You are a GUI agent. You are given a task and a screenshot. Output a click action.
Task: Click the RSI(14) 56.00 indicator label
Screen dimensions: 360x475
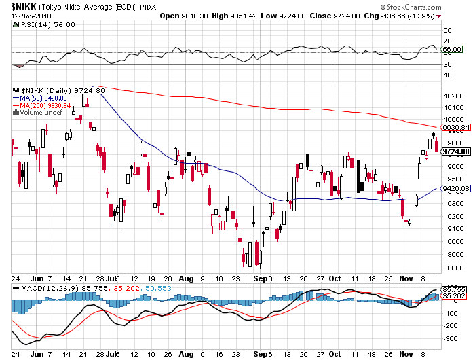(38, 24)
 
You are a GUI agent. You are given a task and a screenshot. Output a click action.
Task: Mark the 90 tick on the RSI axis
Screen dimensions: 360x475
(447, 31)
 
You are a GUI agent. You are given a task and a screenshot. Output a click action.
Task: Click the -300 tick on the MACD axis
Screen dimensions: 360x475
(449, 338)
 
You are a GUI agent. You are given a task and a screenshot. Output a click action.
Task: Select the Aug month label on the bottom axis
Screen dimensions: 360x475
(187, 278)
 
